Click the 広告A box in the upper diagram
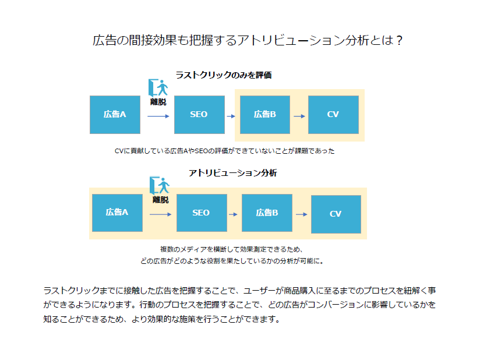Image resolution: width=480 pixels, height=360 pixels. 115,115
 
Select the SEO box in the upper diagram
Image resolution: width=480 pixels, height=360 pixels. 199,115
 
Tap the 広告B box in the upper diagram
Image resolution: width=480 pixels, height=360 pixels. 265,115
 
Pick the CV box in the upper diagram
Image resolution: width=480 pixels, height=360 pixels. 333,115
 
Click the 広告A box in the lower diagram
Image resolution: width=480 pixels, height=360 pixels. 117,213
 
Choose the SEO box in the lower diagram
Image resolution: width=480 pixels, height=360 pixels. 202,213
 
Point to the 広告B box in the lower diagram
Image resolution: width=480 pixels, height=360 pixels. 267,213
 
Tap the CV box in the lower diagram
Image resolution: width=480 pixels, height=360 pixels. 336,214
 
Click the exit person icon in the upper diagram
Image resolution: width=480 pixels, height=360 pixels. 158,88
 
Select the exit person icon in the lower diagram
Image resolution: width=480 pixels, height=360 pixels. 160,186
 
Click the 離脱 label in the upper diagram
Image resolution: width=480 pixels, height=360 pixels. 158,102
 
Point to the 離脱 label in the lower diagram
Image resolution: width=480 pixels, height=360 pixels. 161,200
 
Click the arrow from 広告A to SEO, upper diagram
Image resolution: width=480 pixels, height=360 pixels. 158,117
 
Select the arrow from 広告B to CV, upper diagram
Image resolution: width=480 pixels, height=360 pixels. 299,117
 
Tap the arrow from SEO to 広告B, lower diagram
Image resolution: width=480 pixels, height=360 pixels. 233,214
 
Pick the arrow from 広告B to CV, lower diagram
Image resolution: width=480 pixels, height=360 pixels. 302,214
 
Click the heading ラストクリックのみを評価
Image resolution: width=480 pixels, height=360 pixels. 224,75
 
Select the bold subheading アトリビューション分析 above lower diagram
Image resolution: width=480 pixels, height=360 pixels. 233,173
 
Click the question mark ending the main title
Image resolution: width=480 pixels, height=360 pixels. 399,40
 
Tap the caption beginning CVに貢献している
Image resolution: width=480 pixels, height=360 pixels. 224,151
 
